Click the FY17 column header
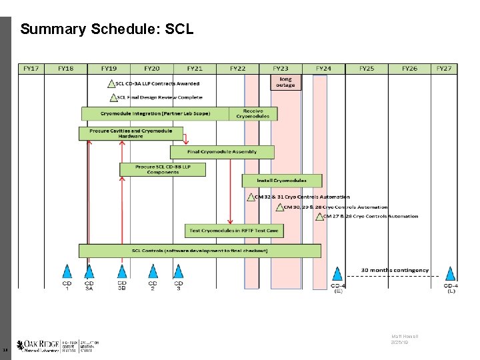coord(31,68)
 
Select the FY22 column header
coord(237,68)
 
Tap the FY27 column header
coord(444,68)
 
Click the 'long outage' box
coord(285,82)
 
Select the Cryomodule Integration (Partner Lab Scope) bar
coord(155,114)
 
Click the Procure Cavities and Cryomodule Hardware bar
coord(121,133)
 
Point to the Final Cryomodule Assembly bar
coord(222,152)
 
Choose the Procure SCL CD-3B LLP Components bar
coord(163,169)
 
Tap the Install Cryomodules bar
coord(282,181)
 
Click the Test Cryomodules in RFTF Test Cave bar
coord(234,231)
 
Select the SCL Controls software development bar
coord(199,251)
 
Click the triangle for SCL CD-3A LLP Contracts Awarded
coord(111,84)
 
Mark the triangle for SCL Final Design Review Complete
coord(111,97)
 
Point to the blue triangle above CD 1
coord(67,271)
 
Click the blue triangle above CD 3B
coord(122,271)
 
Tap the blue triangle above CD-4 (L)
coord(451,273)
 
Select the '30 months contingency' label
coord(395,270)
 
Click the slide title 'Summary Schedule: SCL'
coord(107,29)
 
